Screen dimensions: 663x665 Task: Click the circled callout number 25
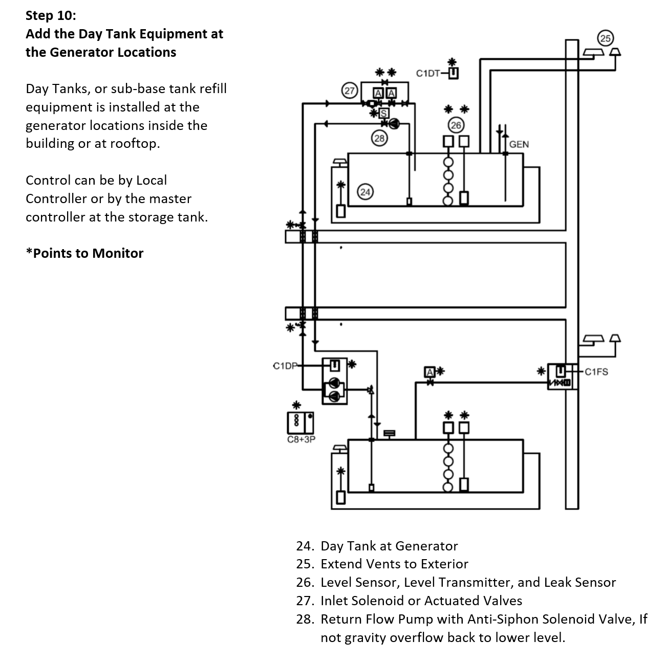point(605,38)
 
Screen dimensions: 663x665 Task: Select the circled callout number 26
point(455,125)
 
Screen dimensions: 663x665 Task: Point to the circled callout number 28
point(379,138)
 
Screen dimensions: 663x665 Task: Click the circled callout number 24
point(365,192)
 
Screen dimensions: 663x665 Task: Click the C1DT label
point(427,73)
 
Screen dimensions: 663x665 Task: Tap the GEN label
point(519,144)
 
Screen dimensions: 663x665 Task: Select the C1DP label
point(285,366)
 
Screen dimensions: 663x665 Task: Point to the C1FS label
point(596,371)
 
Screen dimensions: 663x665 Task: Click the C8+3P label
point(301,439)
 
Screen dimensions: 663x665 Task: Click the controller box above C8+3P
point(301,422)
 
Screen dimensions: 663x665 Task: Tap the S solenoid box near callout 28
point(383,113)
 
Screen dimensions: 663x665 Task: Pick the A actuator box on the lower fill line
point(430,372)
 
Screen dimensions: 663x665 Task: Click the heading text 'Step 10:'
point(51,15)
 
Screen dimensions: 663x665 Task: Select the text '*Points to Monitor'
point(84,253)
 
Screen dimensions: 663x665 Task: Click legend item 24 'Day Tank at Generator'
point(389,546)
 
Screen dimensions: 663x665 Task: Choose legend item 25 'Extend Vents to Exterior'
point(394,564)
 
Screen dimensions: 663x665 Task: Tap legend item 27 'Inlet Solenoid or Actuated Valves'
point(421,601)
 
